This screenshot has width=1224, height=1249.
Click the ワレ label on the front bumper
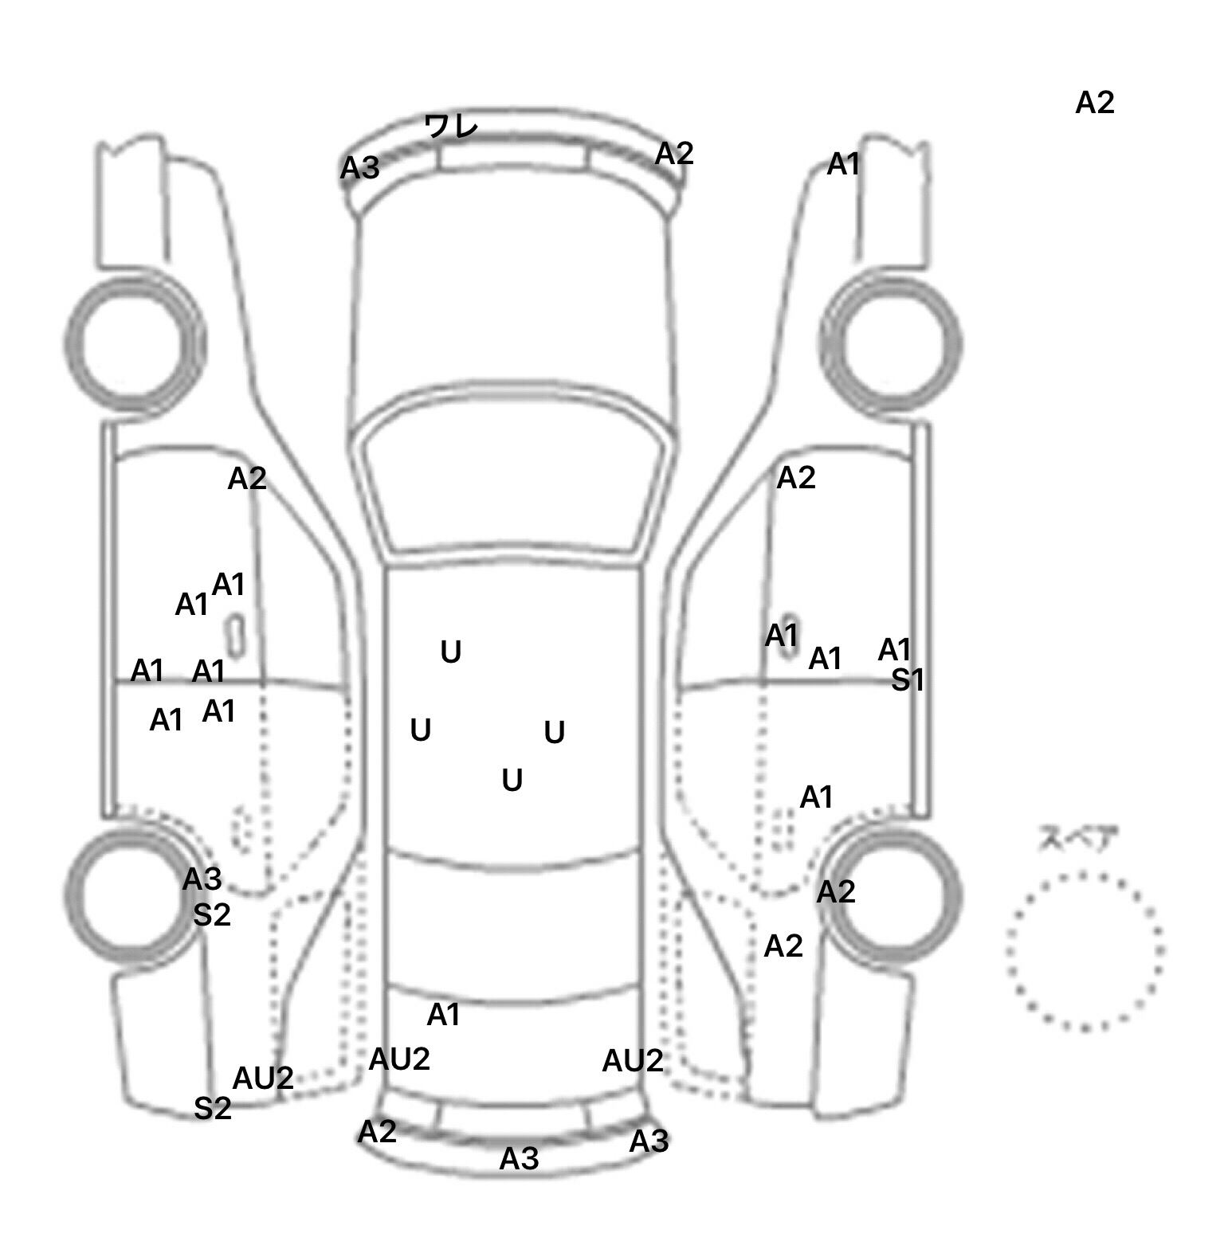(451, 127)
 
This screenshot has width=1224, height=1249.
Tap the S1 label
(907, 680)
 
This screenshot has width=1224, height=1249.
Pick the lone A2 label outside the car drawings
(1094, 103)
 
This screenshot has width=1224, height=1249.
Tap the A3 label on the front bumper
(360, 168)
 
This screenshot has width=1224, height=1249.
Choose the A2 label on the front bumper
(674, 154)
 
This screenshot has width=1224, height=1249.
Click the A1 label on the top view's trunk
(444, 1015)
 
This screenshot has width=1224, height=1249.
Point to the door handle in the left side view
(237, 630)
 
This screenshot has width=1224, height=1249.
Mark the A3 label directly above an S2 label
(202, 879)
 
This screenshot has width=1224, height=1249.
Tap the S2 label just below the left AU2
(213, 1108)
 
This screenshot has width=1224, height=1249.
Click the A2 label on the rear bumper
(377, 1132)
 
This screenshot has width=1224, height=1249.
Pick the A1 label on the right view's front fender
(844, 165)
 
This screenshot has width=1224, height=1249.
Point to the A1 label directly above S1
(894, 650)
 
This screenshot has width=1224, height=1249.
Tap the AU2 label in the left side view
(263, 1079)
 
